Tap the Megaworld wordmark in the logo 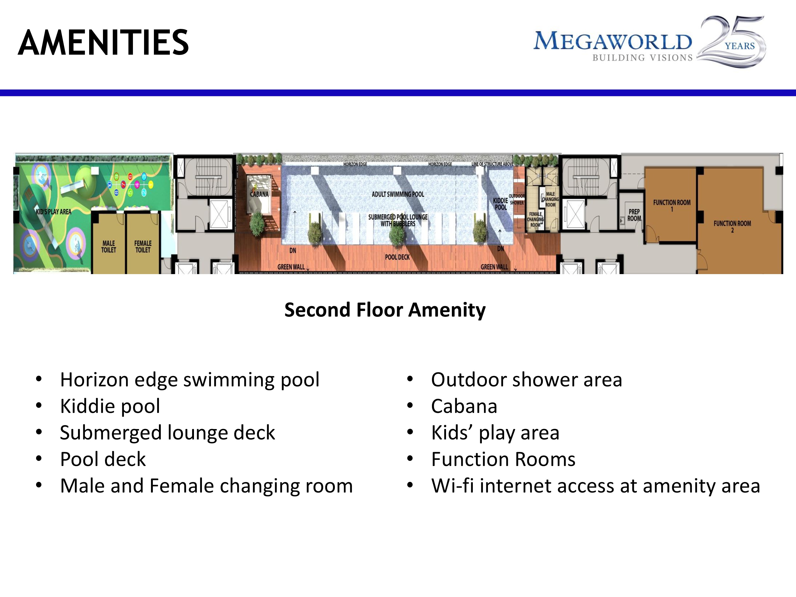612,41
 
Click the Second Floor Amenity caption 385,310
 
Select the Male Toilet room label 109,247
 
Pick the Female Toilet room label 143,247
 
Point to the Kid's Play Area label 54,211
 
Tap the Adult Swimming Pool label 398,194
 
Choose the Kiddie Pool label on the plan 501,204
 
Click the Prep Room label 634,215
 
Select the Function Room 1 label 672,205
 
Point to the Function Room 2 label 732,226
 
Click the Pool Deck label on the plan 397,257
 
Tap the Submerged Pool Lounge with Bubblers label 398,220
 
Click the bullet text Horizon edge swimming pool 190,380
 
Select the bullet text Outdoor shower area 526,380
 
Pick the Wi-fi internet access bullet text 596,486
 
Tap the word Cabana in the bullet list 464,406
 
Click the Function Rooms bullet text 503,459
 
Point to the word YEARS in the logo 739,46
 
